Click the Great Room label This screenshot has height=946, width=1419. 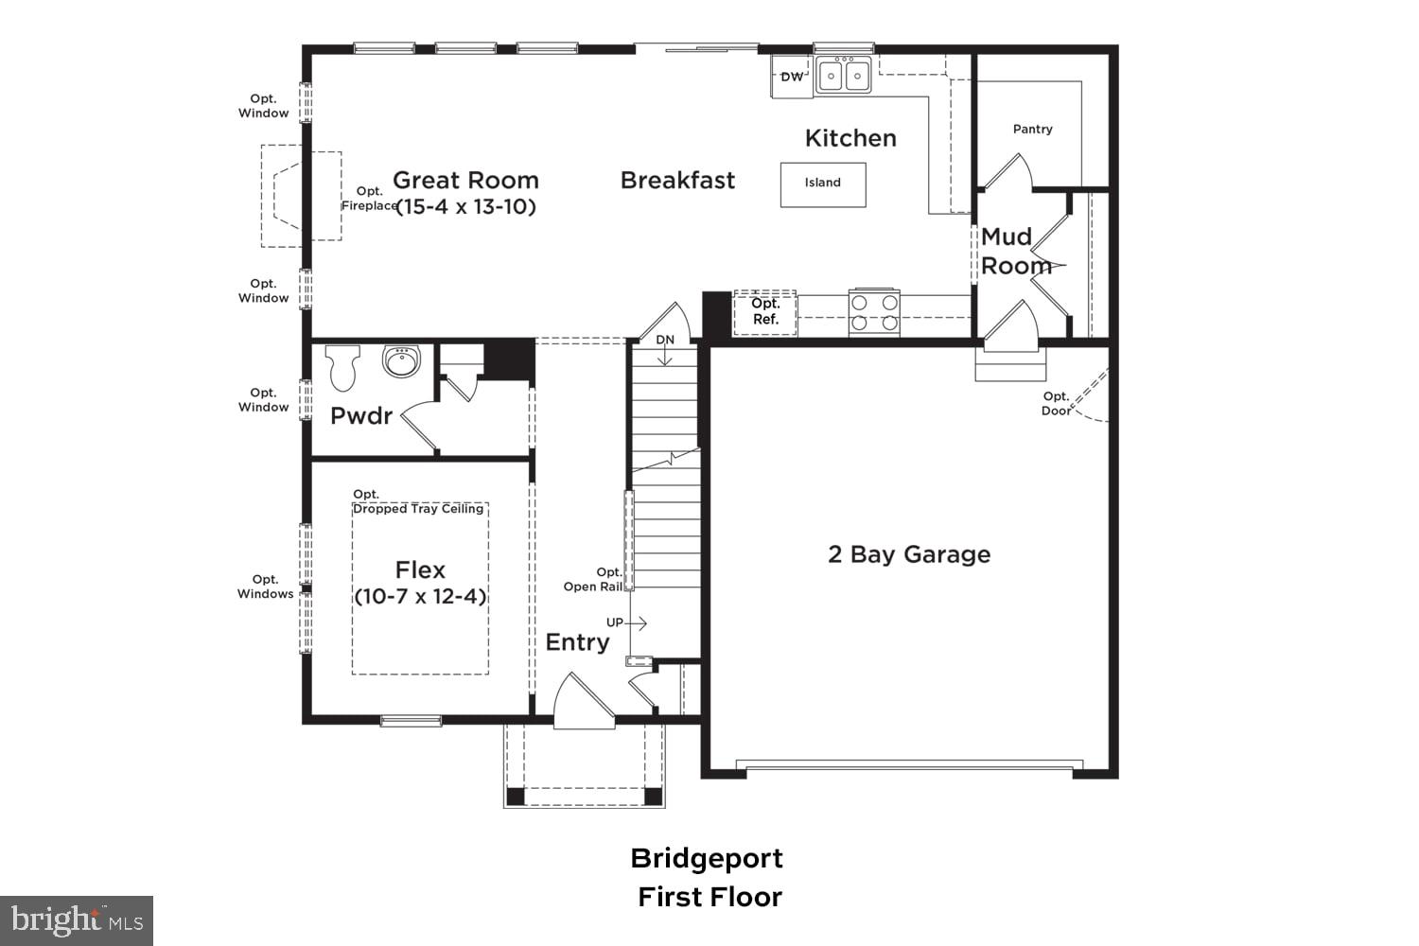tap(465, 180)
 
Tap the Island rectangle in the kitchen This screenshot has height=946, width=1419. tap(822, 184)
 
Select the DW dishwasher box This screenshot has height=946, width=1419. tap(792, 77)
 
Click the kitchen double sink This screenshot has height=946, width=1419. tap(844, 76)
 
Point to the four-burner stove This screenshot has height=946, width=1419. tap(873, 312)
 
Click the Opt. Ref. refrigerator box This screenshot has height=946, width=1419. tap(765, 312)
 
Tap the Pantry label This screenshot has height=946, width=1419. tap(1032, 129)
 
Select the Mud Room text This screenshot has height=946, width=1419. tap(1014, 252)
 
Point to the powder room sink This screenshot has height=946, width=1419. tap(401, 361)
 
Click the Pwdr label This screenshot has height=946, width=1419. tap(360, 415)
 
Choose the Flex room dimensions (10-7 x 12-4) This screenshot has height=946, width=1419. tap(420, 597)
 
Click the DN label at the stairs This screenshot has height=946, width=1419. tap(665, 340)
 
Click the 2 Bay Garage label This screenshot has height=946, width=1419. tap(909, 554)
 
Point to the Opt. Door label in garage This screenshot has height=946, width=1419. tap(1056, 404)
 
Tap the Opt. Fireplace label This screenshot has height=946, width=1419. tap(369, 199)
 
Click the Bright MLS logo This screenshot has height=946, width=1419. tap(77, 920)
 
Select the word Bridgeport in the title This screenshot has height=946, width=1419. tap(707, 858)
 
